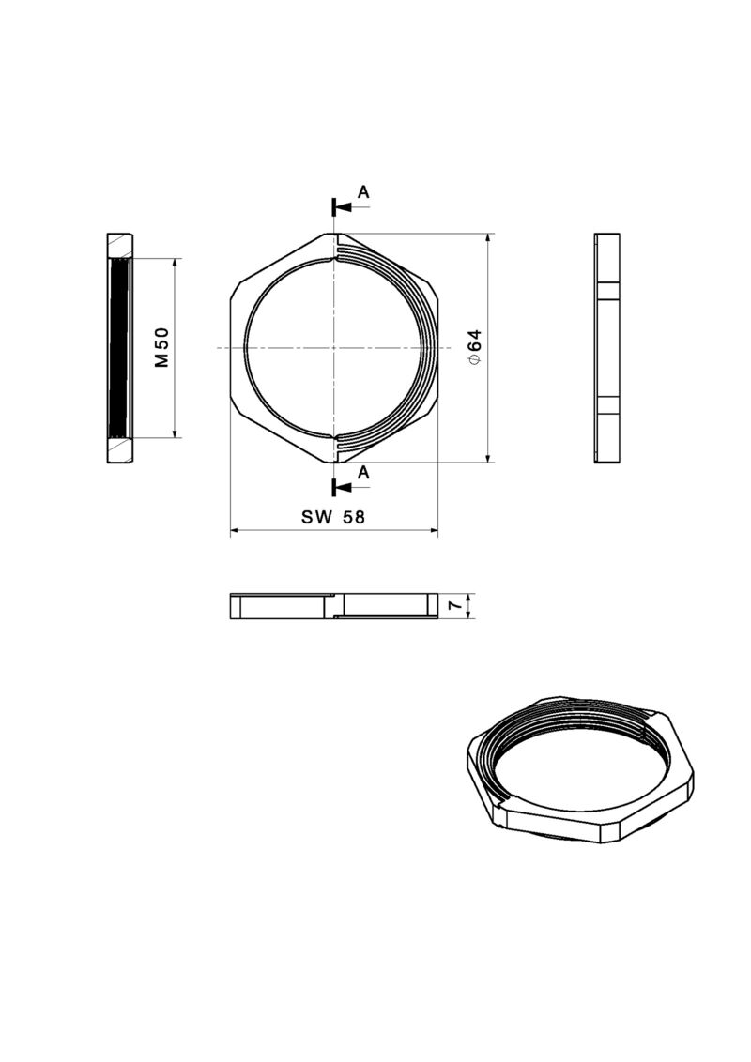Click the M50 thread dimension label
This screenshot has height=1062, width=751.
pos(161,347)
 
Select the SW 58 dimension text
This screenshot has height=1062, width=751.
pos(333,517)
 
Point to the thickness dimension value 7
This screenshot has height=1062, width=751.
pos(454,607)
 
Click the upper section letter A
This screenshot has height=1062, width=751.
pos(364,192)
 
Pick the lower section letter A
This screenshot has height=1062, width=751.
pos(364,473)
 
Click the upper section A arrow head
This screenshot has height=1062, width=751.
pos(342,205)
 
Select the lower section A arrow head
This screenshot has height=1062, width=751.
pos(342,487)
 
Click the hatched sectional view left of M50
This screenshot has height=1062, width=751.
pos(120,347)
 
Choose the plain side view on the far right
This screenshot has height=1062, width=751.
pos(607,347)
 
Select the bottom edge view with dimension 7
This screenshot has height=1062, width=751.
pos(334,607)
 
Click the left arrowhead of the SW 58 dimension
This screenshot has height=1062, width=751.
pos(236,531)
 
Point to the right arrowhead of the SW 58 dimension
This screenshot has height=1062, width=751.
pos(433,531)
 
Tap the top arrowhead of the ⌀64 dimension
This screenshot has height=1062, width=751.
pos(488,238)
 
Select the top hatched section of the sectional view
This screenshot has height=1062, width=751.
pos(120,245)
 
